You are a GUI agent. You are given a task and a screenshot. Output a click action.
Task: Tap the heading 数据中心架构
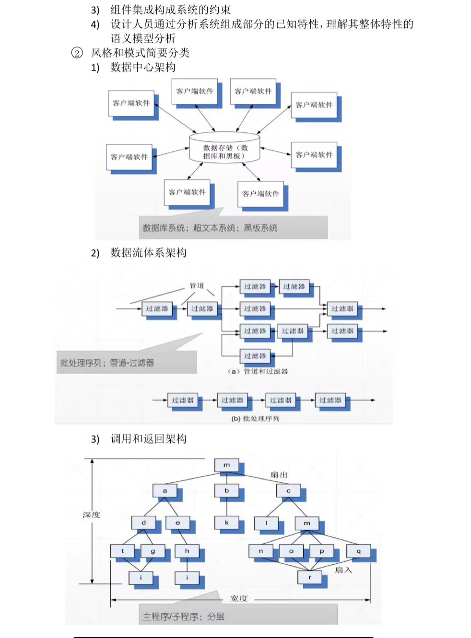tap(143, 68)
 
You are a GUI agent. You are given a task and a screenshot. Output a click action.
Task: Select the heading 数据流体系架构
tap(148, 253)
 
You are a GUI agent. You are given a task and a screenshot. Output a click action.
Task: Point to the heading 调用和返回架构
tap(148, 439)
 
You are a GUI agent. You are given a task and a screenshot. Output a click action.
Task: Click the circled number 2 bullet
tap(77, 53)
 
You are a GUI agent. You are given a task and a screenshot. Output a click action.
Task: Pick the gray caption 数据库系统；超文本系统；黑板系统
tap(210, 228)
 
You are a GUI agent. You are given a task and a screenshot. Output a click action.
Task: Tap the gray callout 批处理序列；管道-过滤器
tap(107, 363)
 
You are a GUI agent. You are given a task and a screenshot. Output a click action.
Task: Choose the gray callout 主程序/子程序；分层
tap(184, 616)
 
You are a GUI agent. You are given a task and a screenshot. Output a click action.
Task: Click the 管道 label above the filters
tap(197, 286)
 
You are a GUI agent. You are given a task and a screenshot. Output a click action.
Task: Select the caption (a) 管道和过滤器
tap(258, 371)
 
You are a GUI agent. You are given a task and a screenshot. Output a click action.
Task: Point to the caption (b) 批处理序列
tap(255, 419)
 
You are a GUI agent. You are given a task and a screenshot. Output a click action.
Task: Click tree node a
tap(165, 491)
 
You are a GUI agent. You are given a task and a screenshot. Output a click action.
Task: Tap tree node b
tap(226, 491)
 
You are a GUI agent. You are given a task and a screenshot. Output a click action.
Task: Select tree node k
tap(226, 523)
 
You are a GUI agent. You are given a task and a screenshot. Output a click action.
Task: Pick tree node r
tap(309, 578)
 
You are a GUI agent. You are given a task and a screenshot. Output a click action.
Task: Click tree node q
tap(358, 551)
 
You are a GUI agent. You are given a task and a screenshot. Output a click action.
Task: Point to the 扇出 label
tap(279, 475)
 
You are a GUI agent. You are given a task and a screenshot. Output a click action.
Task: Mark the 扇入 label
tap(343, 570)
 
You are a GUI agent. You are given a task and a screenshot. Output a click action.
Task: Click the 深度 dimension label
tap(91, 515)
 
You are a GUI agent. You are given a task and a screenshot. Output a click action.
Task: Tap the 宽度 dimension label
tap(239, 598)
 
